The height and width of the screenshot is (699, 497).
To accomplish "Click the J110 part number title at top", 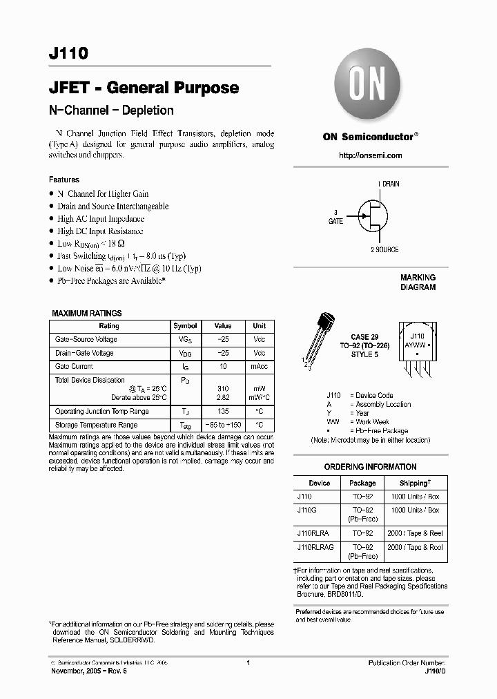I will pos(68,55).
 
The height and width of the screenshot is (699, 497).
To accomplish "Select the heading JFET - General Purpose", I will pos(144,88).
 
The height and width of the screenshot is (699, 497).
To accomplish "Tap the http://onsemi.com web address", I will pos(370,155).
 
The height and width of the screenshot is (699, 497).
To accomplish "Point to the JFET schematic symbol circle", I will pos(373,216).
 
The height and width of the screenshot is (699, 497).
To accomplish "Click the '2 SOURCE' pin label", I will pos(384,249).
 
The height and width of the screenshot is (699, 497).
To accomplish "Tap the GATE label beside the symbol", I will pos(335,221).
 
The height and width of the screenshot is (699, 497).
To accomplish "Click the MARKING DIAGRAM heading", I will pos(418,283).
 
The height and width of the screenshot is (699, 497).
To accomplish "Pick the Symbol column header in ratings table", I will pos(185,326).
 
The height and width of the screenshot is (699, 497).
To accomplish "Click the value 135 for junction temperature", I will pos(222,412).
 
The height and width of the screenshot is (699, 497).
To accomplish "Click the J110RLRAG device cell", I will pos(315,547).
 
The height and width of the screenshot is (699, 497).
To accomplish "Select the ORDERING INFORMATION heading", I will pos(370,467).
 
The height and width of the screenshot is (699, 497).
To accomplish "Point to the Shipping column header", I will pos(416,483).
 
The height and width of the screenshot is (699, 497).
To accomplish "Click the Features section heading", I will pos(64,180).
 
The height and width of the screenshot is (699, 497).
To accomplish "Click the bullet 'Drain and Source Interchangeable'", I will pos(113,207).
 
